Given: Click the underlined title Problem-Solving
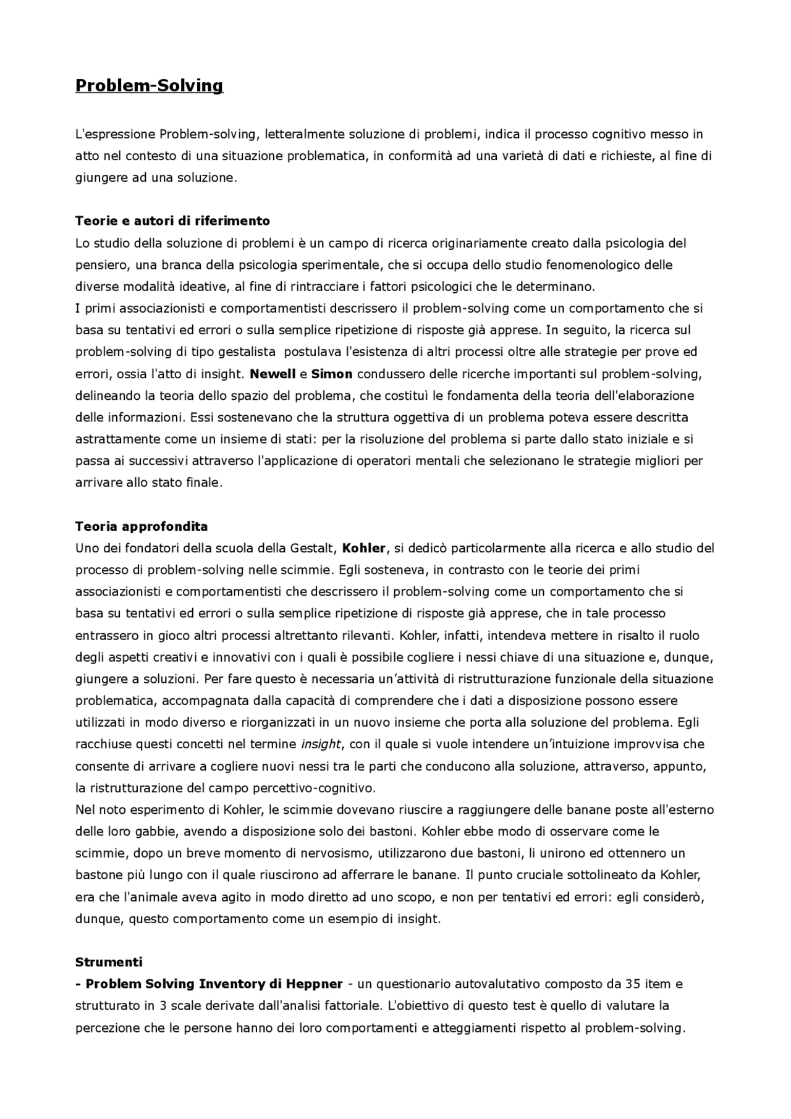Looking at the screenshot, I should click(149, 85).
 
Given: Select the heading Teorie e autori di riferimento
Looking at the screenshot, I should click(172, 221).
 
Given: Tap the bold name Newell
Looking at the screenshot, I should click(273, 374).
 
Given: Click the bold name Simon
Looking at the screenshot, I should click(332, 374).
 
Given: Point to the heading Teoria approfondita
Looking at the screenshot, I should click(142, 526).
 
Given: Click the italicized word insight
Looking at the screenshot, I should click(321, 744).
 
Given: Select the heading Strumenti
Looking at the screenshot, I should click(109, 962).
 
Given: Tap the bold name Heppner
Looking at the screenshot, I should click(311, 984).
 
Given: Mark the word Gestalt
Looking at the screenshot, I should click(311, 548).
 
